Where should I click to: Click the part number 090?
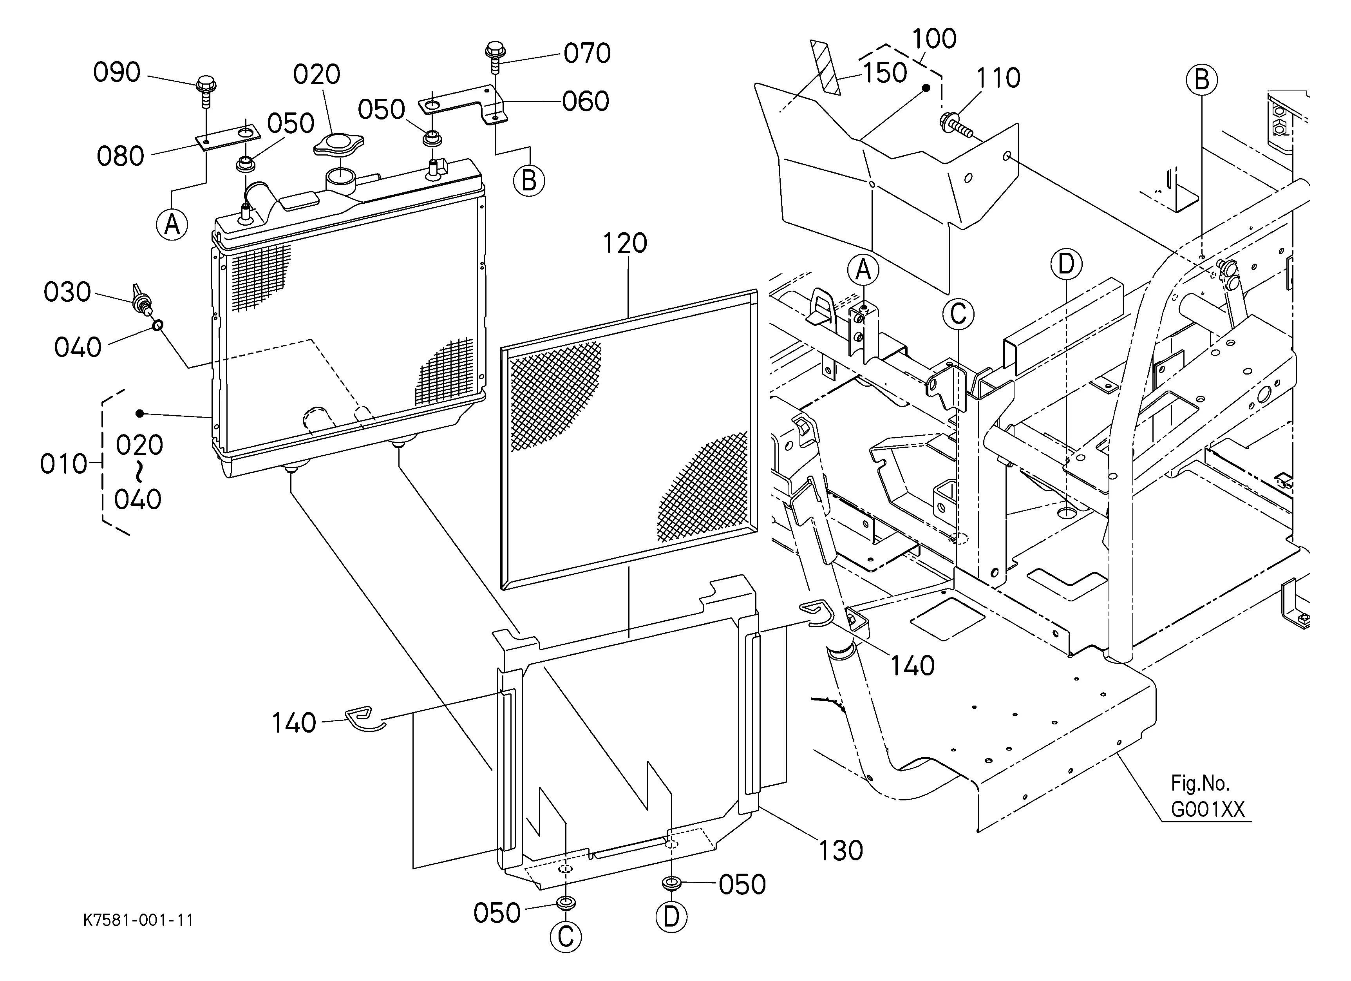click(x=117, y=72)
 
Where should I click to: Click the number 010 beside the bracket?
click(x=63, y=464)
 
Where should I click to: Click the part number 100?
click(x=934, y=39)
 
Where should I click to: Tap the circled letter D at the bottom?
click(x=671, y=917)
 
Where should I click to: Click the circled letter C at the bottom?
click(x=565, y=936)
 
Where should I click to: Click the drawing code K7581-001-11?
click(x=138, y=920)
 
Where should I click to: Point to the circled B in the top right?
click(x=1201, y=80)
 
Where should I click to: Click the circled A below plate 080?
click(x=172, y=224)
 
